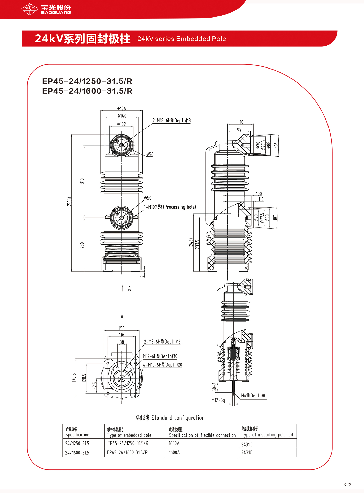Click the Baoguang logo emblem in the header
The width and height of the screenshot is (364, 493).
coord(30,9)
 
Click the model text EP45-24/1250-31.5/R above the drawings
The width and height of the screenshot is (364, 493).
coord(87,81)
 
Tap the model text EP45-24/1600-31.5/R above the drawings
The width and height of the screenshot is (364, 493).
coord(87,91)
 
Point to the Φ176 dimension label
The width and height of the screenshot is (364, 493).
coord(121,109)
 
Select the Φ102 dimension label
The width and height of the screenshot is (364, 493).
coord(121,124)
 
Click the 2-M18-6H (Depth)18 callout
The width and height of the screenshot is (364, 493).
coord(171,121)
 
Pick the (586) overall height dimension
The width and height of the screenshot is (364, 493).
coord(69,201)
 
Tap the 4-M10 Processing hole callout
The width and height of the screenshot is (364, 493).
coord(170,207)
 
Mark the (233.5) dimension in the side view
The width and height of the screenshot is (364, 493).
coord(197,244)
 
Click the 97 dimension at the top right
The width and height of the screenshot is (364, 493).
coord(239,130)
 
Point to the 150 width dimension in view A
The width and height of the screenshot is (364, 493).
coord(122,328)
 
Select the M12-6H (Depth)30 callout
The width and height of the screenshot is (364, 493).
coord(160,356)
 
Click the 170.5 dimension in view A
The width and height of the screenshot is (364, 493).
coord(74,378)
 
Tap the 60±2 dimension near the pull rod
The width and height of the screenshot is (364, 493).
coord(214,387)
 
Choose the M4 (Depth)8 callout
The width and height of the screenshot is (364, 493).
coord(253,396)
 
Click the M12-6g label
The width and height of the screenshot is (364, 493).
coord(218,400)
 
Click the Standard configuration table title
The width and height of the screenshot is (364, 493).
coord(170,418)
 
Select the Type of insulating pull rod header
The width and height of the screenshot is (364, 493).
coord(267,435)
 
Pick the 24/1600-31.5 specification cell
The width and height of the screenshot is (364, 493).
coord(77,453)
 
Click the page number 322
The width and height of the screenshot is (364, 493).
coord(347,485)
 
